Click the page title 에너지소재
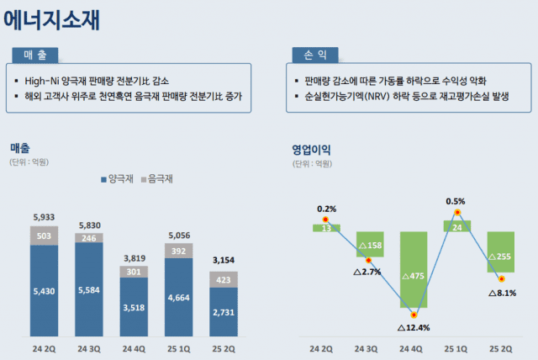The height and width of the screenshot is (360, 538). pyautogui.click(x=53, y=19)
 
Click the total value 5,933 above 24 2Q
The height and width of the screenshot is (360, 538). pyautogui.click(x=45, y=218)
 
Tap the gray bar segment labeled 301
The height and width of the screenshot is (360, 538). pyautogui.click(x=134, y=272)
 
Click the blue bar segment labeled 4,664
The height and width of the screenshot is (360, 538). pyautogui.click(x=178, y=297)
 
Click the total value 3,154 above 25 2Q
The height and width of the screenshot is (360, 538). pyautogui.click(x=223, y=259)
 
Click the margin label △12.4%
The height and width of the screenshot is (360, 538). pyautogui.click(x=413, y=326)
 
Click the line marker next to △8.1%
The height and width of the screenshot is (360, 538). pyautogui.click(x=501, y=278)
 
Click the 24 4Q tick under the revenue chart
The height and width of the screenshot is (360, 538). pyautogui.click(x=134, y=347)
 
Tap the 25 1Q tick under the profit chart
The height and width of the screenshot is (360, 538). pyautogui.click(x=456, y=347)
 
